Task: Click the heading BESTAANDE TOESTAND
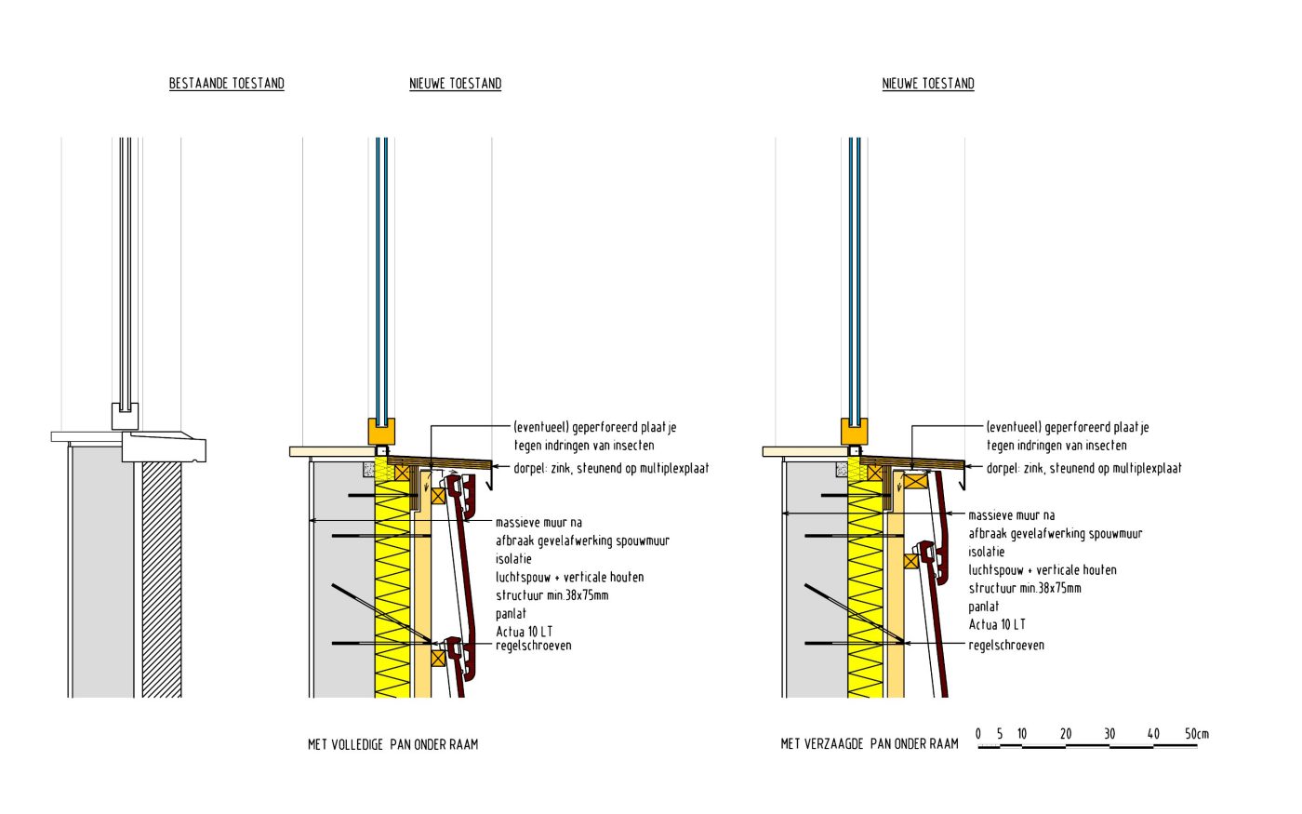tap(226, 84)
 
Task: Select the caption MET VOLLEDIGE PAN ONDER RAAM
tap(392, 744)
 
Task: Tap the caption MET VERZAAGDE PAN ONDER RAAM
tap(869, 744)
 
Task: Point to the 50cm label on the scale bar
tap(1196, 734)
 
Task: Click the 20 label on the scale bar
tap(1066, 734)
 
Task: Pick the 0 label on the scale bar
tap(978, 734)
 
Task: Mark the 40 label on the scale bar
tap(1153, 734)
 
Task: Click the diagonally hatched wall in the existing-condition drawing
tap(161, 577)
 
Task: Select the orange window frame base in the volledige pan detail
tap(381, 432)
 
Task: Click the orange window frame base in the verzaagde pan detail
tap(855, 432)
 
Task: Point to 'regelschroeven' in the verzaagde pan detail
tap(1005, 645)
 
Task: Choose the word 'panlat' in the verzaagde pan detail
tap(983, 607)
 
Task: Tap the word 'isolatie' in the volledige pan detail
tap(513, 559)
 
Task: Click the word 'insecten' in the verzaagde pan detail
tap(1101, 446)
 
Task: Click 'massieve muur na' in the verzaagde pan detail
tap(1011, 515)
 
